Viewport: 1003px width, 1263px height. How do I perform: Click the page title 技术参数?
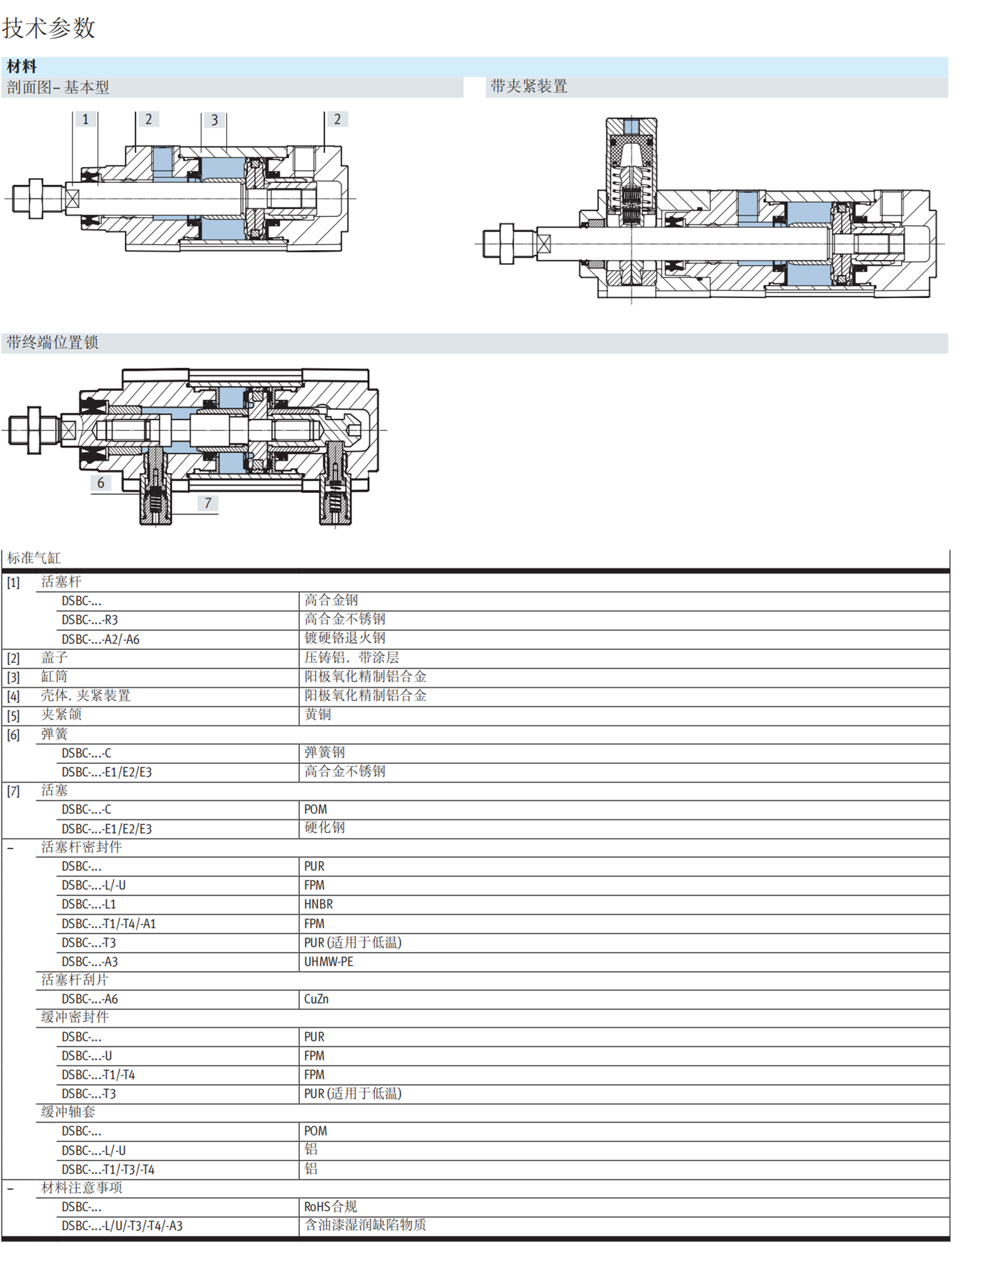point(49,28)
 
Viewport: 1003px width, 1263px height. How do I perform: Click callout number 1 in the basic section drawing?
point(86,119)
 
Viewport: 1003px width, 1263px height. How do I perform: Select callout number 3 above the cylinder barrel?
point(214,120)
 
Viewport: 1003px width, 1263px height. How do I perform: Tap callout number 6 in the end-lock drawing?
point(101,482)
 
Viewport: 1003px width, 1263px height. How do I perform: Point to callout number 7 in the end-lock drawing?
point(208,503)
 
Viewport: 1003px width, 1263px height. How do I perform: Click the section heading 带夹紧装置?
point(529,87)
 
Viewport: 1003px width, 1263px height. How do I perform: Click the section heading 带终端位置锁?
point(52,342)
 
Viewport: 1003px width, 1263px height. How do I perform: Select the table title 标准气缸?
point(33,558)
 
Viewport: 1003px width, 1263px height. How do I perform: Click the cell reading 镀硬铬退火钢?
point(344,638)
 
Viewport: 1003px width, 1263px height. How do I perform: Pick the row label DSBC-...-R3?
point(90,620)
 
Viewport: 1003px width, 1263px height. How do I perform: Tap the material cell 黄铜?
point(318,715)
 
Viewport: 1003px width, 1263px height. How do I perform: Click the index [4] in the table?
point(13,696)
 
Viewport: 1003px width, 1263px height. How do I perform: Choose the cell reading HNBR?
point(318,904)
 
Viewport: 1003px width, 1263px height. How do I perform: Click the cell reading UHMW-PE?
point(328,962)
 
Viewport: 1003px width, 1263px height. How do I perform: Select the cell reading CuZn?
point(316,999)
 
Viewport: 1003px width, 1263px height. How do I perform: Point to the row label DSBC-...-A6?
point(90,999)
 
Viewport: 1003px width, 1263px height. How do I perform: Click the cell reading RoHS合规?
point(330,1206)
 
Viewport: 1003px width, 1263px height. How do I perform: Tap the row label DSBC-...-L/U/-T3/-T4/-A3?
point(122,1226)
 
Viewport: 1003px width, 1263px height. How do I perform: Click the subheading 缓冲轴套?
point(68,1111)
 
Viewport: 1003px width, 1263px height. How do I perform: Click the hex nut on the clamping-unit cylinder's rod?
point(506,244)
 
